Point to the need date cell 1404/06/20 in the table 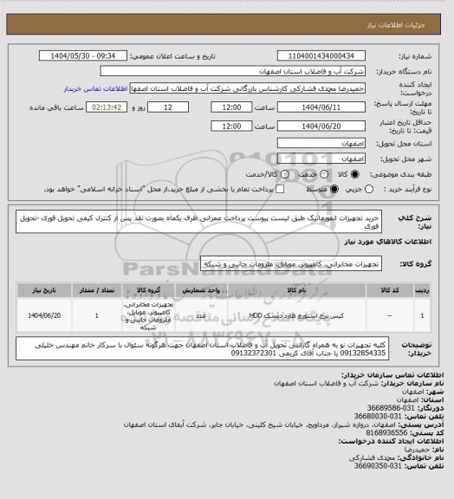tap(49, 315)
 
